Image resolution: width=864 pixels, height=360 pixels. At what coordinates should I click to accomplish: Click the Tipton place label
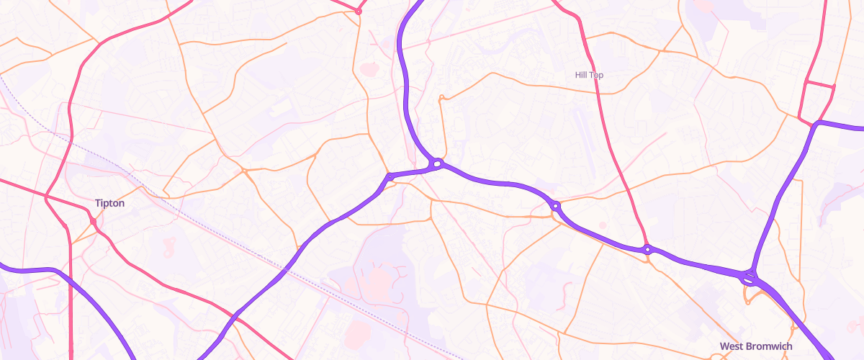(109, 203)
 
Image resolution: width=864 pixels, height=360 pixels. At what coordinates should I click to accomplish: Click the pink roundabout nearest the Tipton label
(94, 221)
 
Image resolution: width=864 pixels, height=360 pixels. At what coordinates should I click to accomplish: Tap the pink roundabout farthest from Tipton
(359, 11)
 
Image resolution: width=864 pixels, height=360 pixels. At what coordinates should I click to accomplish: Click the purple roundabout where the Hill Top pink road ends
(648, 250)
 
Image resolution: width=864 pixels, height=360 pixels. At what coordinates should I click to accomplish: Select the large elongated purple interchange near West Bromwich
(750, 276)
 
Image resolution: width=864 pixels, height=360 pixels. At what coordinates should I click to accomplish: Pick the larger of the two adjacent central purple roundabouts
(437, 163)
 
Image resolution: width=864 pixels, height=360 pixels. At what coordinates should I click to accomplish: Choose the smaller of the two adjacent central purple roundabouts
(390, 176)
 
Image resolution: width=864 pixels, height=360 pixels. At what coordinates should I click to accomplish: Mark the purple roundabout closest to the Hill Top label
(556, 206)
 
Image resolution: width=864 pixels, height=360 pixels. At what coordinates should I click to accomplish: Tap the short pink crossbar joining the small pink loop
(819, 84)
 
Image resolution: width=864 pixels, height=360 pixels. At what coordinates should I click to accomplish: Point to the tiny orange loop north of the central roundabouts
(441, 97)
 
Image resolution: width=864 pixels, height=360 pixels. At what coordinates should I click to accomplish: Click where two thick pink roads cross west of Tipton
(46, 196)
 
